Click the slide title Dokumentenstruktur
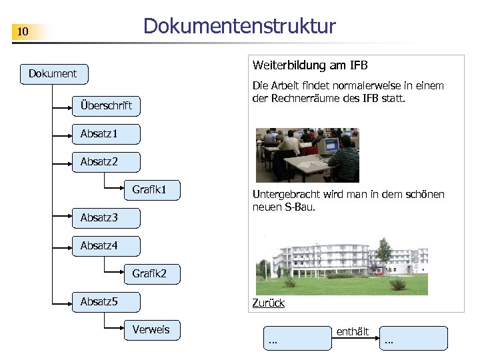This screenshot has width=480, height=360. (239, 26)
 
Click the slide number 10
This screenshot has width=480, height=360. (23, 32)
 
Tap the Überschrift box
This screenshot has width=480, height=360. (106, 105)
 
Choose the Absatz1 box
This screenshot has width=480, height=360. (106, 134)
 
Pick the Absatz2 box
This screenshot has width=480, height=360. (106, 162)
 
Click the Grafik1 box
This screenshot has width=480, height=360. (151, 190)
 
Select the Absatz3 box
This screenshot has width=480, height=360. (106, 218)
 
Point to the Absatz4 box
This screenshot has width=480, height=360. (106, 246)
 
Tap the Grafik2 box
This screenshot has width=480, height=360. (151, 273)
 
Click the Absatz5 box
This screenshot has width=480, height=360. (106, 302)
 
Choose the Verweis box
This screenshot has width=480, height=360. (151, 329)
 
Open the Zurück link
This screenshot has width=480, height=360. (268, 303)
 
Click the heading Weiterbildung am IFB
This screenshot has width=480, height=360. (310, 65)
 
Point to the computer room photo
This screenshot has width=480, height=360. (307, 155)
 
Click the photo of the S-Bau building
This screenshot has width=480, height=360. (342, 265)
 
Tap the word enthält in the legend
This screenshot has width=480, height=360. (353, 331)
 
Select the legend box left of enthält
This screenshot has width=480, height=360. (297, 338)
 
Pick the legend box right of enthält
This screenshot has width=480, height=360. (414, 338)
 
